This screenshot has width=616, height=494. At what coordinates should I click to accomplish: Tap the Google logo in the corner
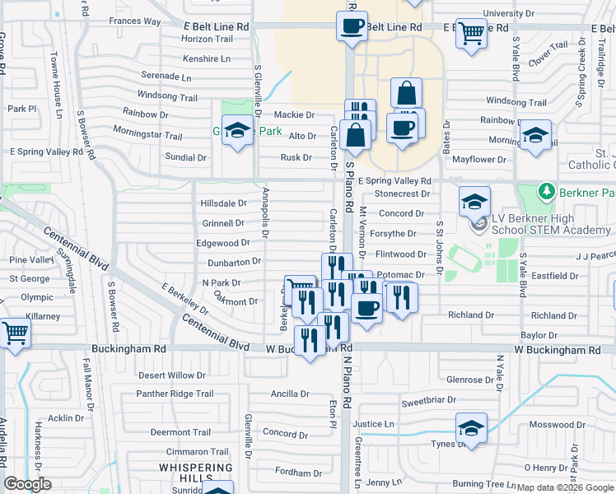27,484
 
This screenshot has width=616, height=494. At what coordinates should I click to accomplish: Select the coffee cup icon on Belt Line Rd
352,26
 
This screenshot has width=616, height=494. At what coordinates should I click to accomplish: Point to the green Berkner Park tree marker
545,192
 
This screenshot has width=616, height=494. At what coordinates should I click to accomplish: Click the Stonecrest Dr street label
403,194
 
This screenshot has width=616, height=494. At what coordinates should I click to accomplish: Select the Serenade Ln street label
166,76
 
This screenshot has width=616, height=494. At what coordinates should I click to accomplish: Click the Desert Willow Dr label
172,375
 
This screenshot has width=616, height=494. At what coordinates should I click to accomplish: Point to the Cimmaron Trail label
198,452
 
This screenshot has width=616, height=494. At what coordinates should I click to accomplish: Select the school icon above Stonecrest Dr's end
474,201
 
